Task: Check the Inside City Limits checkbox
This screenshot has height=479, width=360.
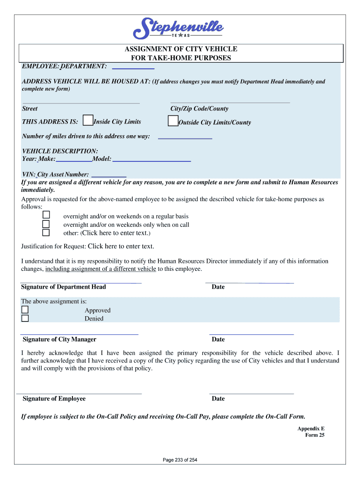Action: click(x=87, y=121)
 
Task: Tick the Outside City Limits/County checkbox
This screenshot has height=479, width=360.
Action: click(x=173, y=122)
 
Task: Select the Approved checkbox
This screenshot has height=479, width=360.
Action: click(x=25, y=310)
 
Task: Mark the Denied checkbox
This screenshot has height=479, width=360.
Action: click(x=25, y=319)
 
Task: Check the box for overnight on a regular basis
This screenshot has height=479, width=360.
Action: click(x=46, y=215)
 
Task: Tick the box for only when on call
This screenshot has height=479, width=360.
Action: click(x=46, y=224)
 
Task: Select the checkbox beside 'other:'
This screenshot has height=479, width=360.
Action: click(x=46, y=232)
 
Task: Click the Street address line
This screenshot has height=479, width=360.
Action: click(x=81, y=102)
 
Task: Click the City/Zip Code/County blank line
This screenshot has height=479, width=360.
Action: click(x=230, y=102)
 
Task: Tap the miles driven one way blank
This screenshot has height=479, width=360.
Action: click(x=185, y=138)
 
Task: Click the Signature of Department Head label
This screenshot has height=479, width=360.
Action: click(x=64, y=287)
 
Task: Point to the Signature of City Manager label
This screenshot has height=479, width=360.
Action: click(x=59, y=339)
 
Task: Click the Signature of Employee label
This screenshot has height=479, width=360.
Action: click(x=54, y=399)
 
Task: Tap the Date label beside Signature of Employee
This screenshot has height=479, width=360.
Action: click(x=218, y=399)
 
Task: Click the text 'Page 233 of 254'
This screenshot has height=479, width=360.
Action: click(x=180, y=460)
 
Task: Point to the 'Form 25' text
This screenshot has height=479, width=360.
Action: click(x=315, y=435)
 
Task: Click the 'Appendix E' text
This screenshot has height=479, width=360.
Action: click(x=311, y=428)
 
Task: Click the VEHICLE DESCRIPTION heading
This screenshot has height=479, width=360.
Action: click(x=60, y=151)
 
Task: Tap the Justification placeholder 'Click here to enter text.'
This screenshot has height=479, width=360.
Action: click(x=121, y=246)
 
